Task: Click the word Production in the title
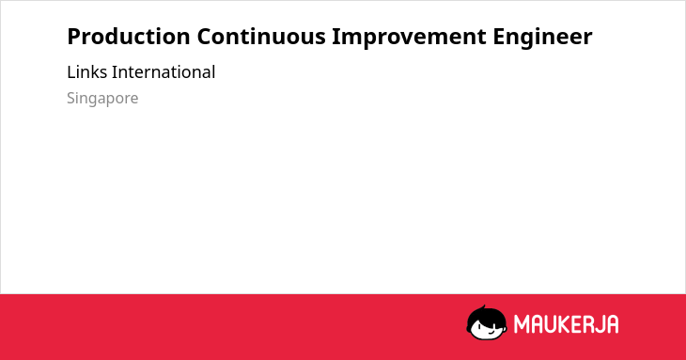129,37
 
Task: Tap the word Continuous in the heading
261,37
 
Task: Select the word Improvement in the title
409,38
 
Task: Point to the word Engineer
542,38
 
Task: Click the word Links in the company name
87,72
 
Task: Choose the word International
164,72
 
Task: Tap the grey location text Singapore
102,99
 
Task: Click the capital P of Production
74,37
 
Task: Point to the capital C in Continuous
205,37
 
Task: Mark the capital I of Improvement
336,37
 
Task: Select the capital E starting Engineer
499,37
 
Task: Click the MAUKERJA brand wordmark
566,324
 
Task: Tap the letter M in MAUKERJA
521,324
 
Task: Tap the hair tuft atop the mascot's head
483,307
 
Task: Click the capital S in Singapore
71,98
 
